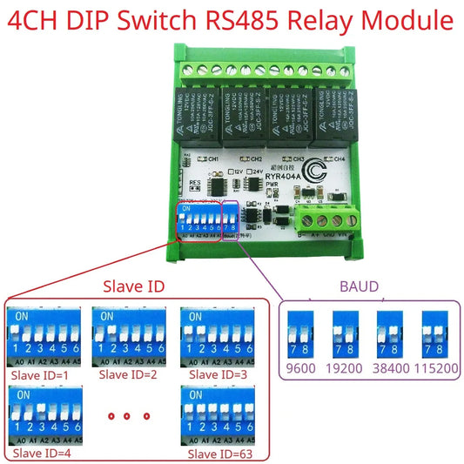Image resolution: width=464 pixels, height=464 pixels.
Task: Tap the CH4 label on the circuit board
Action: [x=339, y=159]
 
